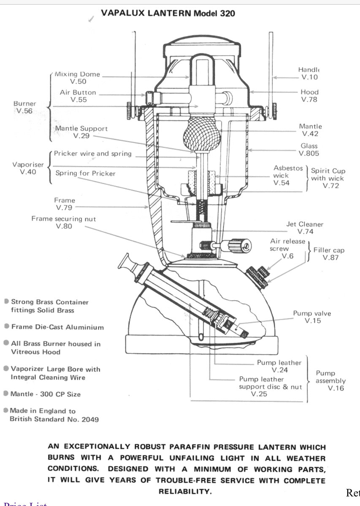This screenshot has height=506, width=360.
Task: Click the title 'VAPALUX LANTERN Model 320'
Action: [168, 13]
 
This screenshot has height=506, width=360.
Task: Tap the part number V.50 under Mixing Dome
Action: [78, 81]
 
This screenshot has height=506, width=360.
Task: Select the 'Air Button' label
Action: [78, 92]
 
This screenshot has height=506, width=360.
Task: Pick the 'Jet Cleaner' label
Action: [305, 224]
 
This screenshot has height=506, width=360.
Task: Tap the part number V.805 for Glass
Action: [309, 153]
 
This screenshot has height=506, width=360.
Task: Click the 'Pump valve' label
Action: [312, 313]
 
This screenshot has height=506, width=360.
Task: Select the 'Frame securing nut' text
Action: [64, 219]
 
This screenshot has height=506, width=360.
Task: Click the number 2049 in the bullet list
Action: [90, 420]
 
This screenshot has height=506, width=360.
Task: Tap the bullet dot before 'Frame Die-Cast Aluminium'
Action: [7, 326]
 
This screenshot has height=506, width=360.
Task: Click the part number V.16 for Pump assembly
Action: [336, 388]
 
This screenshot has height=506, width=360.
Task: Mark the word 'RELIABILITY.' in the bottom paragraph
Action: [185, 491]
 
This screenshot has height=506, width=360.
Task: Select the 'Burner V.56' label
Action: [24, 107]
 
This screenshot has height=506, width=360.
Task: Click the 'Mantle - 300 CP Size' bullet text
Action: [46, 394]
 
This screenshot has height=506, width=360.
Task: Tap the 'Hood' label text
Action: [310, 92]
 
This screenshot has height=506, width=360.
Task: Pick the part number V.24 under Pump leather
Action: [280, 370]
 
